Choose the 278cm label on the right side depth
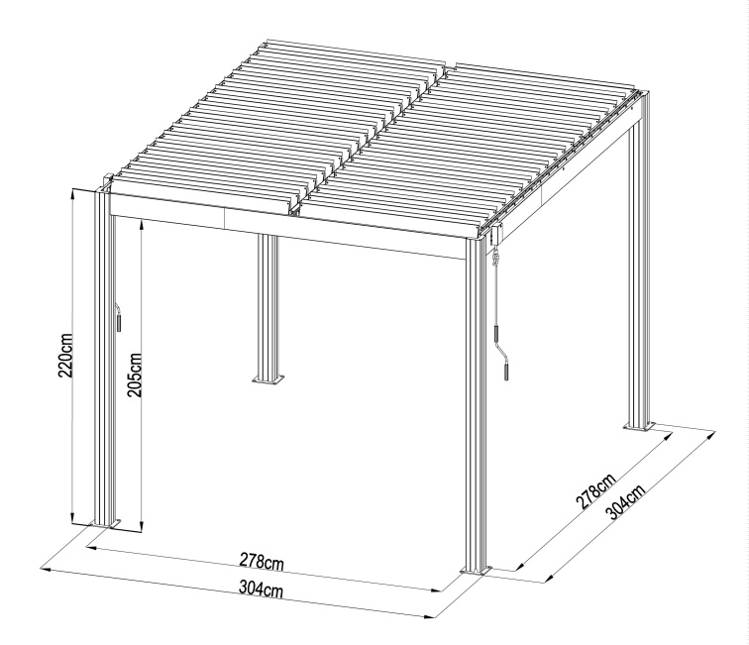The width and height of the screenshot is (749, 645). click(595, 493)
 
